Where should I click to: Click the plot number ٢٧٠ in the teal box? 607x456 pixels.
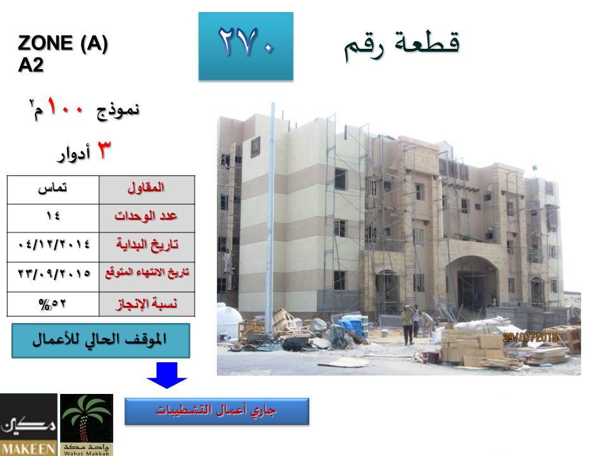click(246, 42)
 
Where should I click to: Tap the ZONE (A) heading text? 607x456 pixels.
click(63, 42)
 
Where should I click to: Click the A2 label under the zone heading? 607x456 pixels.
click(30, 65)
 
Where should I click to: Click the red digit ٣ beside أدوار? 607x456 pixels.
click(103, 150)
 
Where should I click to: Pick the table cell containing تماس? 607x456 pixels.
click(53, 190)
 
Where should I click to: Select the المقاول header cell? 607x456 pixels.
click(147, 190)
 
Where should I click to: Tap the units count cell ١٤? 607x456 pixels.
click(53, 218)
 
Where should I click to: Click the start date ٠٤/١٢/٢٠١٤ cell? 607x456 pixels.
click(53, 247)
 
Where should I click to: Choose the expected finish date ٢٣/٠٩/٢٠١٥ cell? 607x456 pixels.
click(53, 277)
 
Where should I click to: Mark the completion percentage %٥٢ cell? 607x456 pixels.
click(53, 304)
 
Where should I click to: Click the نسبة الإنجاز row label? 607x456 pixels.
click(147, 304)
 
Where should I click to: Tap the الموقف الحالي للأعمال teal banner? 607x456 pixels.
click(101, 341)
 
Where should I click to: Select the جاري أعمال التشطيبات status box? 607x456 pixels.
click(217, 411)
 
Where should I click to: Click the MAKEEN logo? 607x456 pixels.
click(28, 424)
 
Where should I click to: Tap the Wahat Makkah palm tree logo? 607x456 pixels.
click(87, 424)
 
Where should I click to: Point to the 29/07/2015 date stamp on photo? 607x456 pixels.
click(530, 337)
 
